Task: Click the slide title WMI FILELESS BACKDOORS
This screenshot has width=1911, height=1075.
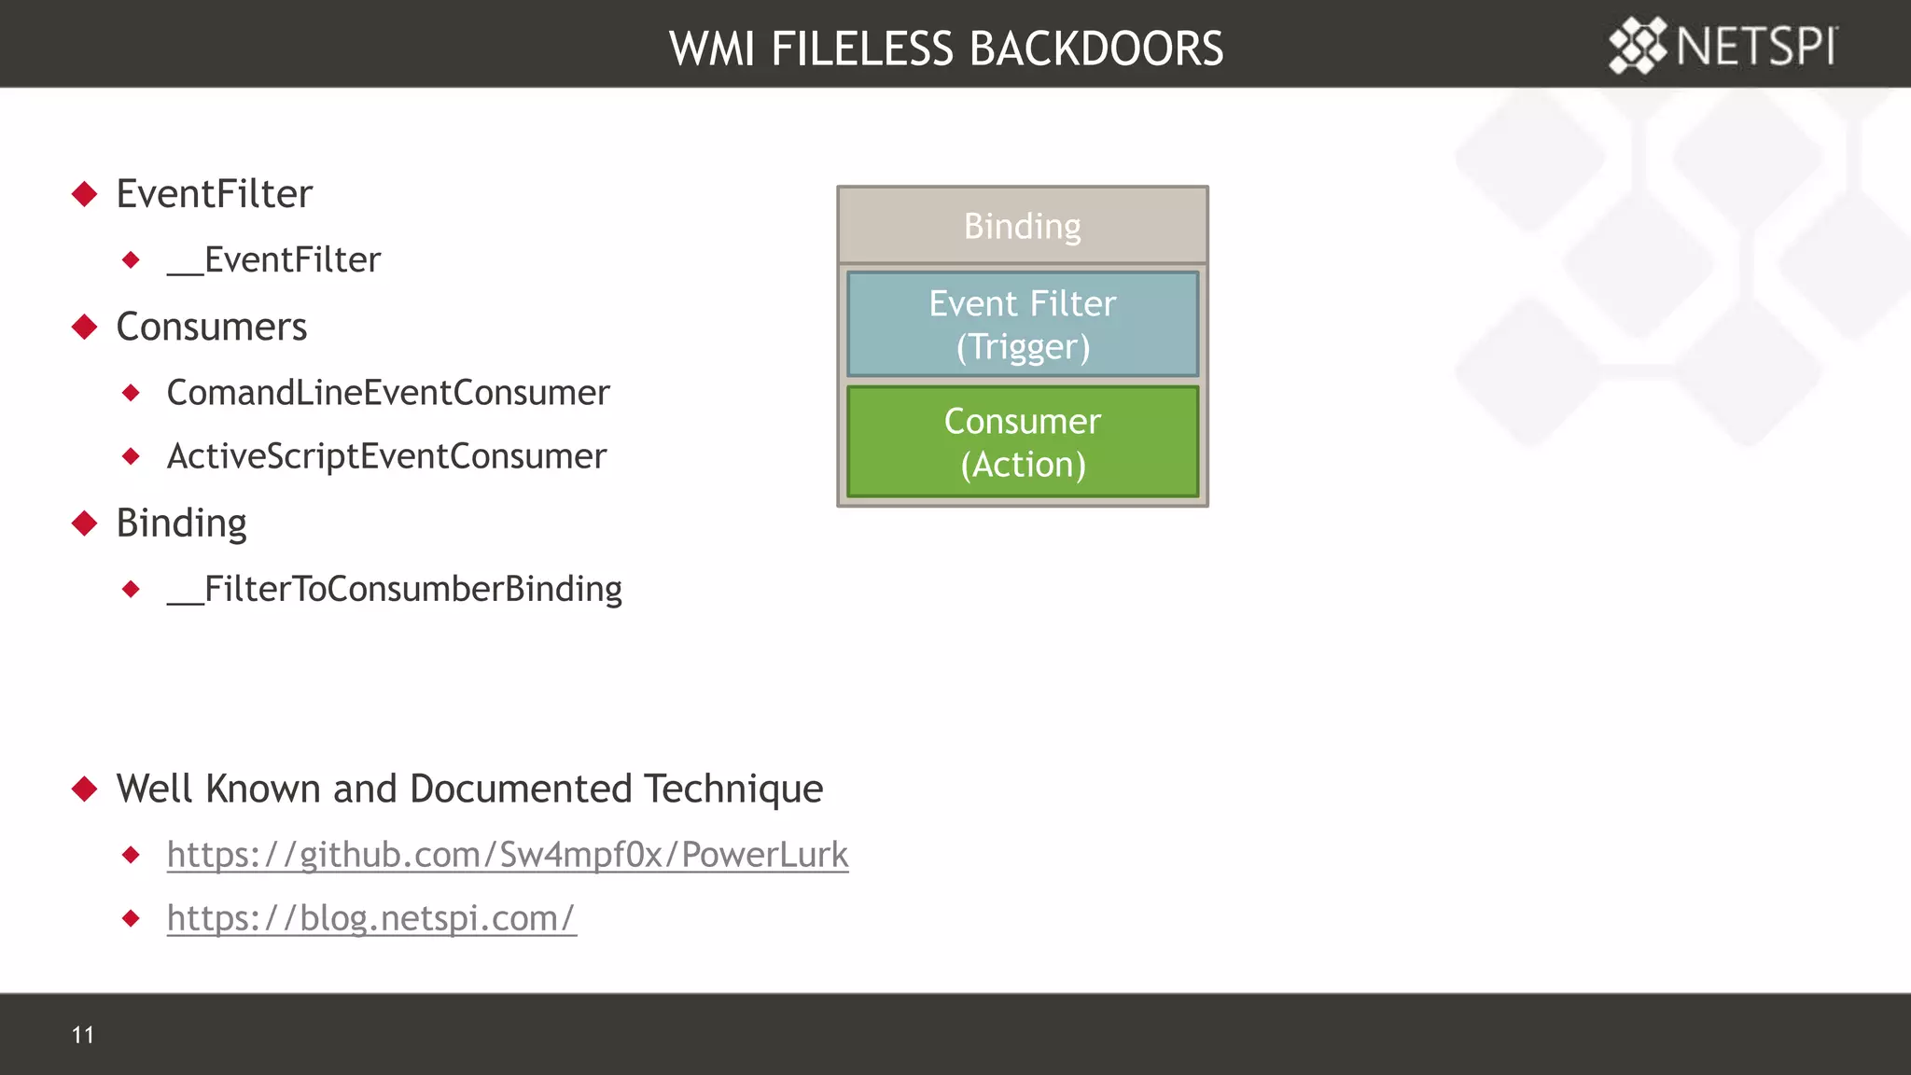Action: tap(945, 49)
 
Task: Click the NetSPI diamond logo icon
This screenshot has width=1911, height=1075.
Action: tap(1638, 45)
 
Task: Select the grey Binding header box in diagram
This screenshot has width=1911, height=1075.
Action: tap(1022, 226)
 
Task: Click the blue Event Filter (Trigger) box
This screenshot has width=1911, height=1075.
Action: tap(1022, 324)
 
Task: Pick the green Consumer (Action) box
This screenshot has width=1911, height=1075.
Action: tap(1022, 441)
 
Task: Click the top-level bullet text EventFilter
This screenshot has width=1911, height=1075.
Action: tap(214, 194)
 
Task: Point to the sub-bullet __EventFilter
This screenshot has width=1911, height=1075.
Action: tap(273, 259)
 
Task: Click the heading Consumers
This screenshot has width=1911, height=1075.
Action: tap(211, 327)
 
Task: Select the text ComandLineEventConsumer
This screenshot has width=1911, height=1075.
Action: tap(387, 393)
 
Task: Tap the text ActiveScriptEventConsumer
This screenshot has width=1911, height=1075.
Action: tap(386, 456)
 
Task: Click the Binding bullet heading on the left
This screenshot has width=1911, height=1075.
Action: tap(181, 524)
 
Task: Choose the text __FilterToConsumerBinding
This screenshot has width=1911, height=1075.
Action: tap(394, 589)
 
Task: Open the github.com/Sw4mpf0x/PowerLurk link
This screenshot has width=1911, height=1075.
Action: tap(508, 855)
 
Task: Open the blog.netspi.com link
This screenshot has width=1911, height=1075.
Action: tap(371, 918)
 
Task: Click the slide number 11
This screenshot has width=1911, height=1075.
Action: tap(82, 1034)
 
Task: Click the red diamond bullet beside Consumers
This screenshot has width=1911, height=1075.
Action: tap(85, 327)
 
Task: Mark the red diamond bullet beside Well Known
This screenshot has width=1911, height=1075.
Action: tap(85, 789)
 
